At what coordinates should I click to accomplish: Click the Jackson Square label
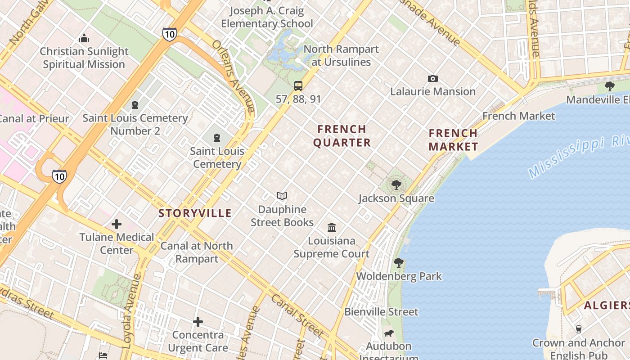tap(396, 198)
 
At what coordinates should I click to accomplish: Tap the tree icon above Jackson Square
tap(396, 184)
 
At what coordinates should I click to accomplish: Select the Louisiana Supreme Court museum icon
tap(332, 227)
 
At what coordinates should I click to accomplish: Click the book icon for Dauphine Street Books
tap(282, 196)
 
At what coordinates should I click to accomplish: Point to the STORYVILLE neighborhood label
tap(195, 213)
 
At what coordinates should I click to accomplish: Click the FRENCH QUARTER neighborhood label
tap(342, 136)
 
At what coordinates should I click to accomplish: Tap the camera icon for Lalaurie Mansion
tap(432, 79)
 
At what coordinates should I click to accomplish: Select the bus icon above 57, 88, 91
tap(298, 85)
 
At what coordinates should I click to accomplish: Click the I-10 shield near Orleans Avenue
tap(169, 34)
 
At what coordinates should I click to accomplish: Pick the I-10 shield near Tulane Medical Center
tap(59, 176)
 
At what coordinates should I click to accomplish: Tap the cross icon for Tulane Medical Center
tap(117, 224)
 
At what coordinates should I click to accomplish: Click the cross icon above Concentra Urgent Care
tap(198, 322)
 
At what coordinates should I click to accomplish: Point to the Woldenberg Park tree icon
tap(398, 263)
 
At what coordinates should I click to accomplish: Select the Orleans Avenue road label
tap(234, 76)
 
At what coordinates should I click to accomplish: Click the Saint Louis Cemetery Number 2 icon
tap(135, 105)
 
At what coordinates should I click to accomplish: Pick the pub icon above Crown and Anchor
tap(579, 329)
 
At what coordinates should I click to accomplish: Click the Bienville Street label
tap(381, 311)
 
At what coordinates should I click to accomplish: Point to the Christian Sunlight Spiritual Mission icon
tap(84, 38)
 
